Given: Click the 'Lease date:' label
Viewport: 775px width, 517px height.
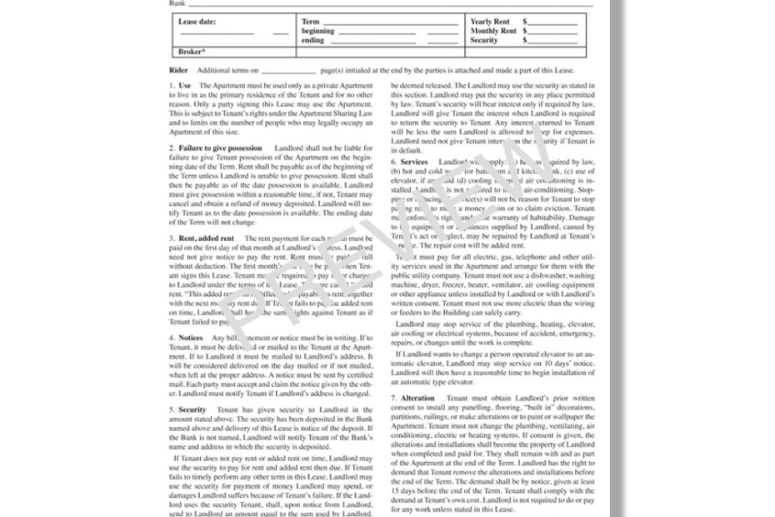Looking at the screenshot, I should click(x=197, y=22).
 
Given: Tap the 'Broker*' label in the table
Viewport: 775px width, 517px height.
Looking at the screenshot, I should click(x=192, y=51).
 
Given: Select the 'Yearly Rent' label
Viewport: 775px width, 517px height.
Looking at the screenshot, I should click(x=490, y=22).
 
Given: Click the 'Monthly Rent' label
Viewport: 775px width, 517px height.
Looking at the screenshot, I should click(x=492, y=31).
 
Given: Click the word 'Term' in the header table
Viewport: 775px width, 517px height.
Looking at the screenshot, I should click(x=310, y=22).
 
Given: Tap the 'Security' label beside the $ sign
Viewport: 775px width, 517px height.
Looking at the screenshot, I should click(x=484, y=40).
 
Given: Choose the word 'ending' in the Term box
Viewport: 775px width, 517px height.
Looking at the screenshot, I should click(x=313, y=40).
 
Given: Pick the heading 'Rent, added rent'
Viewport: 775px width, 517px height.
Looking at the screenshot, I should click(x=203, y=238).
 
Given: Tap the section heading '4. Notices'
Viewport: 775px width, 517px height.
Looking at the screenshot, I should click(x=187, y=338).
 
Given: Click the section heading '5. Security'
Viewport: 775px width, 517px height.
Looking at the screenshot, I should click(x=188, y=410).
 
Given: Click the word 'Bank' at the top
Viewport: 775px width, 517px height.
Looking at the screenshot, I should click(x=178, y=3).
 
